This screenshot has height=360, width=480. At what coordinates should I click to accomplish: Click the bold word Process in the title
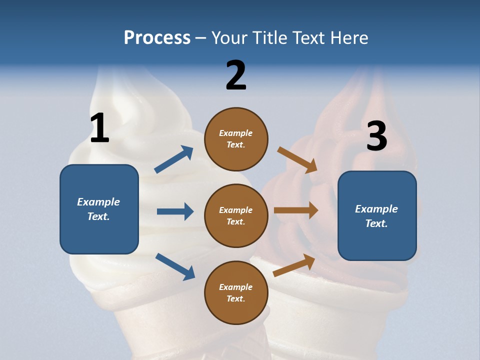click(x=157, y=38)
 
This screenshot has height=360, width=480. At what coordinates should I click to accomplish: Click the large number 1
click(x=99, y=128)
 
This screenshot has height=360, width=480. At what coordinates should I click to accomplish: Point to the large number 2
click(x=236, y=75)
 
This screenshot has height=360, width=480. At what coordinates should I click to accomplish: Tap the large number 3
click(x=376, y=136)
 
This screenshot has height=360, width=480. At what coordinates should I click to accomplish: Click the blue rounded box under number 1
click(x=99, y=209)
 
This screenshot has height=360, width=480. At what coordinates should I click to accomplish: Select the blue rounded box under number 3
click(x=377, y=215)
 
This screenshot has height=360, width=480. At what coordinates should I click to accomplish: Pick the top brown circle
click(x=236, y=139)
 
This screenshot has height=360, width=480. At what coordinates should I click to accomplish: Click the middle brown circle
click(x=236, y=215)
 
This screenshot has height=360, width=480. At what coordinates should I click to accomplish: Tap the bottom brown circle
click(x=236, y=292)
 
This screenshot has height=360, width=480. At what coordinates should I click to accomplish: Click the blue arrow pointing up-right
click(x=174, y=159)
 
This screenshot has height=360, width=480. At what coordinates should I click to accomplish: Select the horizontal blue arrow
click(x=175, y=211)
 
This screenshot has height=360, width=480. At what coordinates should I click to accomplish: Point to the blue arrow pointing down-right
click(x=175, y=266)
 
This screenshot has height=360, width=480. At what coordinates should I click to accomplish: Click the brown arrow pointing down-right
click(x=297, y=159)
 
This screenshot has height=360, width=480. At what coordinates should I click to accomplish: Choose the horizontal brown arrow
click(x=296, y=210)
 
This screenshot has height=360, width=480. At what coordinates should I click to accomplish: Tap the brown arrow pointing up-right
click(x=294, y=265)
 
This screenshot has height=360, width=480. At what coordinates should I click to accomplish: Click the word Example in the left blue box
click(x=98, y=202)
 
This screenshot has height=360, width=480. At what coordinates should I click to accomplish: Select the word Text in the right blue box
click(x=376, y=223)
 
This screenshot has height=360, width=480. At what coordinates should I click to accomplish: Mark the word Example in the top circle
click(x=236, y=133)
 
